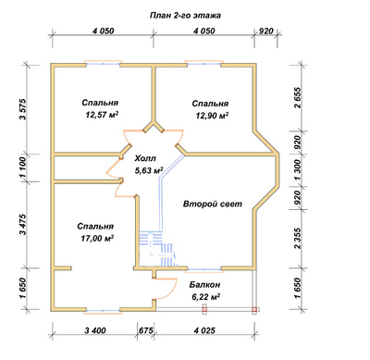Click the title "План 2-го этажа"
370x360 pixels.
point(185,16)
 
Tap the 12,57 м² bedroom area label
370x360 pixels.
point(103,115)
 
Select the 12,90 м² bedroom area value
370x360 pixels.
point(212,116)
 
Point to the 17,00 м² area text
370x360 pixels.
point(97,239)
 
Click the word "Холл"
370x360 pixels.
point(145,158)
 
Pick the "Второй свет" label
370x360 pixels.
point(213,205)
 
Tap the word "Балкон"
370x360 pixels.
point(205,284)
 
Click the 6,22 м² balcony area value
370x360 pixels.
point(205,297)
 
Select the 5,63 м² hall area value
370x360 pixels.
point(149,170)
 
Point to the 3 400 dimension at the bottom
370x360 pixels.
point(95,330)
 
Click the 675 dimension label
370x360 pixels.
point(146,330)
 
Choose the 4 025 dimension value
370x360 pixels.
point(204,330)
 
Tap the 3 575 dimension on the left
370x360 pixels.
point(24,109)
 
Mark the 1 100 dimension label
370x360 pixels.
point(24,168)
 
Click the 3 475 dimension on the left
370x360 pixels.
point(24,224)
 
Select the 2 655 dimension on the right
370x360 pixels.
point(297,98)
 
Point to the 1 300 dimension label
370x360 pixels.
point(297,170)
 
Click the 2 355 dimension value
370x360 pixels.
point(297,238)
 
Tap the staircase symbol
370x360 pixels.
point(158,249)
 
